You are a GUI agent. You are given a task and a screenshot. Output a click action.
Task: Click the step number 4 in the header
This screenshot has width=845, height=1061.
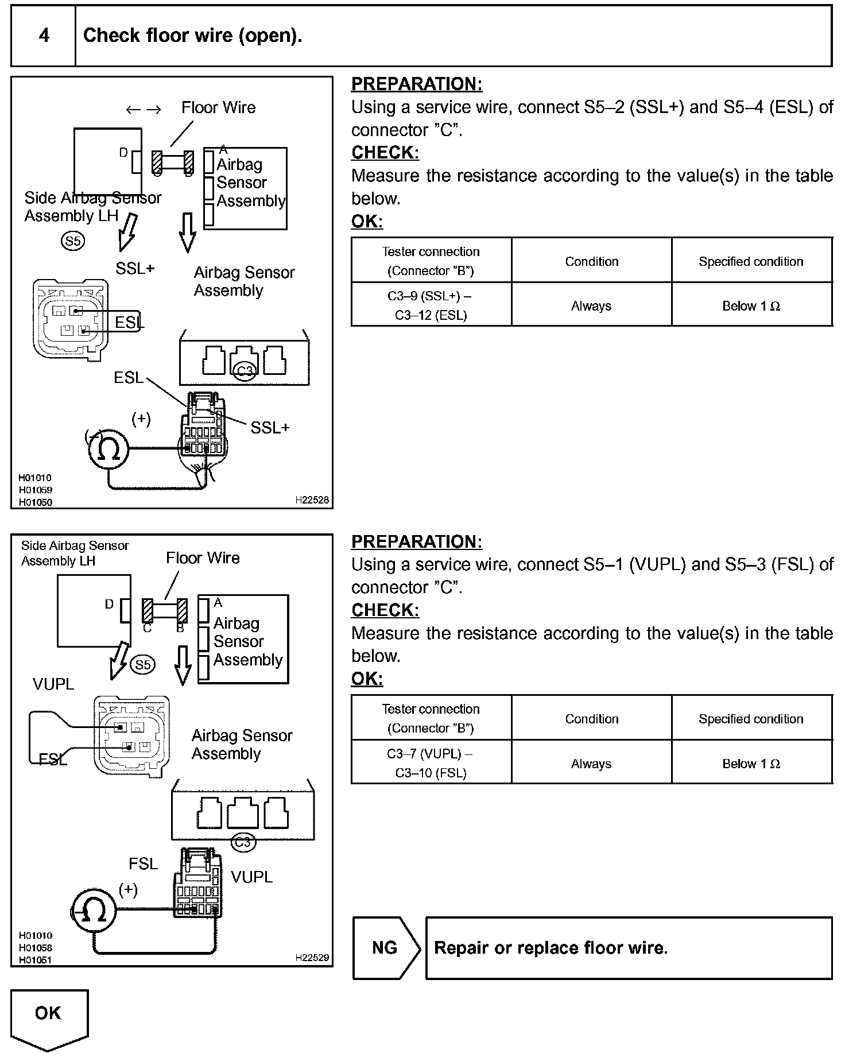coord(44,36)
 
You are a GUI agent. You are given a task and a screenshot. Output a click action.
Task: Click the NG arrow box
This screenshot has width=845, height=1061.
coord(385,947)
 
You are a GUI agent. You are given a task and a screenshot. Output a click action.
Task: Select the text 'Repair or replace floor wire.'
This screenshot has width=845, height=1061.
coord(551,947)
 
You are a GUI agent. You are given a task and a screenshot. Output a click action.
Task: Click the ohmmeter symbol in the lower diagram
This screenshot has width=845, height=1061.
coord(94,909)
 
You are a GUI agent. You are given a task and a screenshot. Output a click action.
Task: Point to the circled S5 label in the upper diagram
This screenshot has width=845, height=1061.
coord(73,241)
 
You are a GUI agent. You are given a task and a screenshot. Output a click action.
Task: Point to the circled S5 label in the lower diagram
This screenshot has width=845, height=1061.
coord(143,664)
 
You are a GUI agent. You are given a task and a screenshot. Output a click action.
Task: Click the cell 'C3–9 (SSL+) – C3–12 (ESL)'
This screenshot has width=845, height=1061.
coord(431,305)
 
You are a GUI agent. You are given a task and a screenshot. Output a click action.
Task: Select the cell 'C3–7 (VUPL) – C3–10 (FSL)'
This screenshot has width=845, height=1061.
coord(431,762)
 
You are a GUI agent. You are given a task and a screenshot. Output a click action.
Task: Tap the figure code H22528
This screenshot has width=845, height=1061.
coord(312,499)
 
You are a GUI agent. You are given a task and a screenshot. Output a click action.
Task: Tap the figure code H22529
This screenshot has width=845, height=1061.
coord(312,957)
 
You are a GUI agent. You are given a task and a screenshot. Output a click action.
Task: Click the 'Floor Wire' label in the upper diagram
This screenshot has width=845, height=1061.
coord(218,107)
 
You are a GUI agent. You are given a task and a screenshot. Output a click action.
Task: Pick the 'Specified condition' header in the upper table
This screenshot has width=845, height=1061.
coord(751,261)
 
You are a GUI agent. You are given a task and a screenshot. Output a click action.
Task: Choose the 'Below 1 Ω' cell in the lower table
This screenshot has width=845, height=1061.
coord(751,763)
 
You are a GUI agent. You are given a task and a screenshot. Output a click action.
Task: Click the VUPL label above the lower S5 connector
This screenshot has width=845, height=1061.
coord(53,684)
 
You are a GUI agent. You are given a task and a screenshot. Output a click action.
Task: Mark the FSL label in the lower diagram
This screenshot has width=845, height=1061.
coord(143,863)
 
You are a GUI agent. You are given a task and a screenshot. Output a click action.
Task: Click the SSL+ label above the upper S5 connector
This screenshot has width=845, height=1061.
coord(135,268)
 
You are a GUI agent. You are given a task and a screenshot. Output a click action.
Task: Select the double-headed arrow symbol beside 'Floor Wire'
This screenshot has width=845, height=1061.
coord(144,109)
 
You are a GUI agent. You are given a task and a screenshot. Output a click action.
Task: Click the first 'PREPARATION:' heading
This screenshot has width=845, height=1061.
coord(417,84)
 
